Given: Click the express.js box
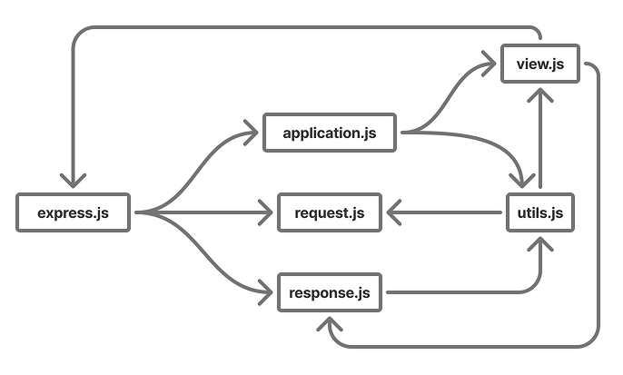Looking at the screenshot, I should (74, 213).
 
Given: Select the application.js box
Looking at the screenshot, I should (330, 133).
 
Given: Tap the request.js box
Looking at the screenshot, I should (330, 213).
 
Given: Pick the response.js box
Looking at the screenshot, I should (330, 292).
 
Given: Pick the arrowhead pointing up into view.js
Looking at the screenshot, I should (541, 95).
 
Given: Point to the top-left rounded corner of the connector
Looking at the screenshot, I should (77, 33).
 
